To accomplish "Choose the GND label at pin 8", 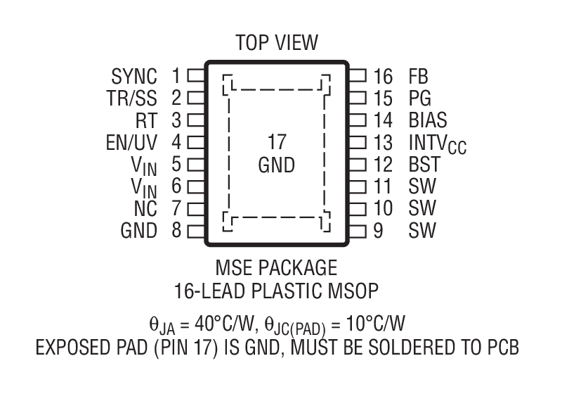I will [139, 230].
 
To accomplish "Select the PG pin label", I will [419, 98].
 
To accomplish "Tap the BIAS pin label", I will [427, 120].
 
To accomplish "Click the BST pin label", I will [424, 165].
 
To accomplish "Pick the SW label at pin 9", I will [421, 230].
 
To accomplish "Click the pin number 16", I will [383, 76].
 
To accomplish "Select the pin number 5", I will [176, 165].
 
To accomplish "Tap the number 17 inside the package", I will [277, 143].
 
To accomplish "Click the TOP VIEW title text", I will [276, 43].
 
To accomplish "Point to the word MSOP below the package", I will [356, 290].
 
